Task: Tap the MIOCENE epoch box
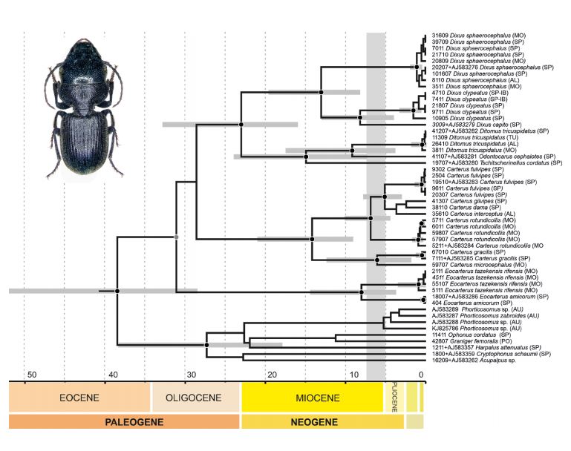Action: (312, 398)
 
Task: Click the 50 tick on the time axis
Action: (30, 375)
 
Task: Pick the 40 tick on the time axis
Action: (111, 375)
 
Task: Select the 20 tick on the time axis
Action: (272, 375)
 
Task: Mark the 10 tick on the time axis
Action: (353, 375)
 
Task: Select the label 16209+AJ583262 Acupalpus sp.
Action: (472, 361)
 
